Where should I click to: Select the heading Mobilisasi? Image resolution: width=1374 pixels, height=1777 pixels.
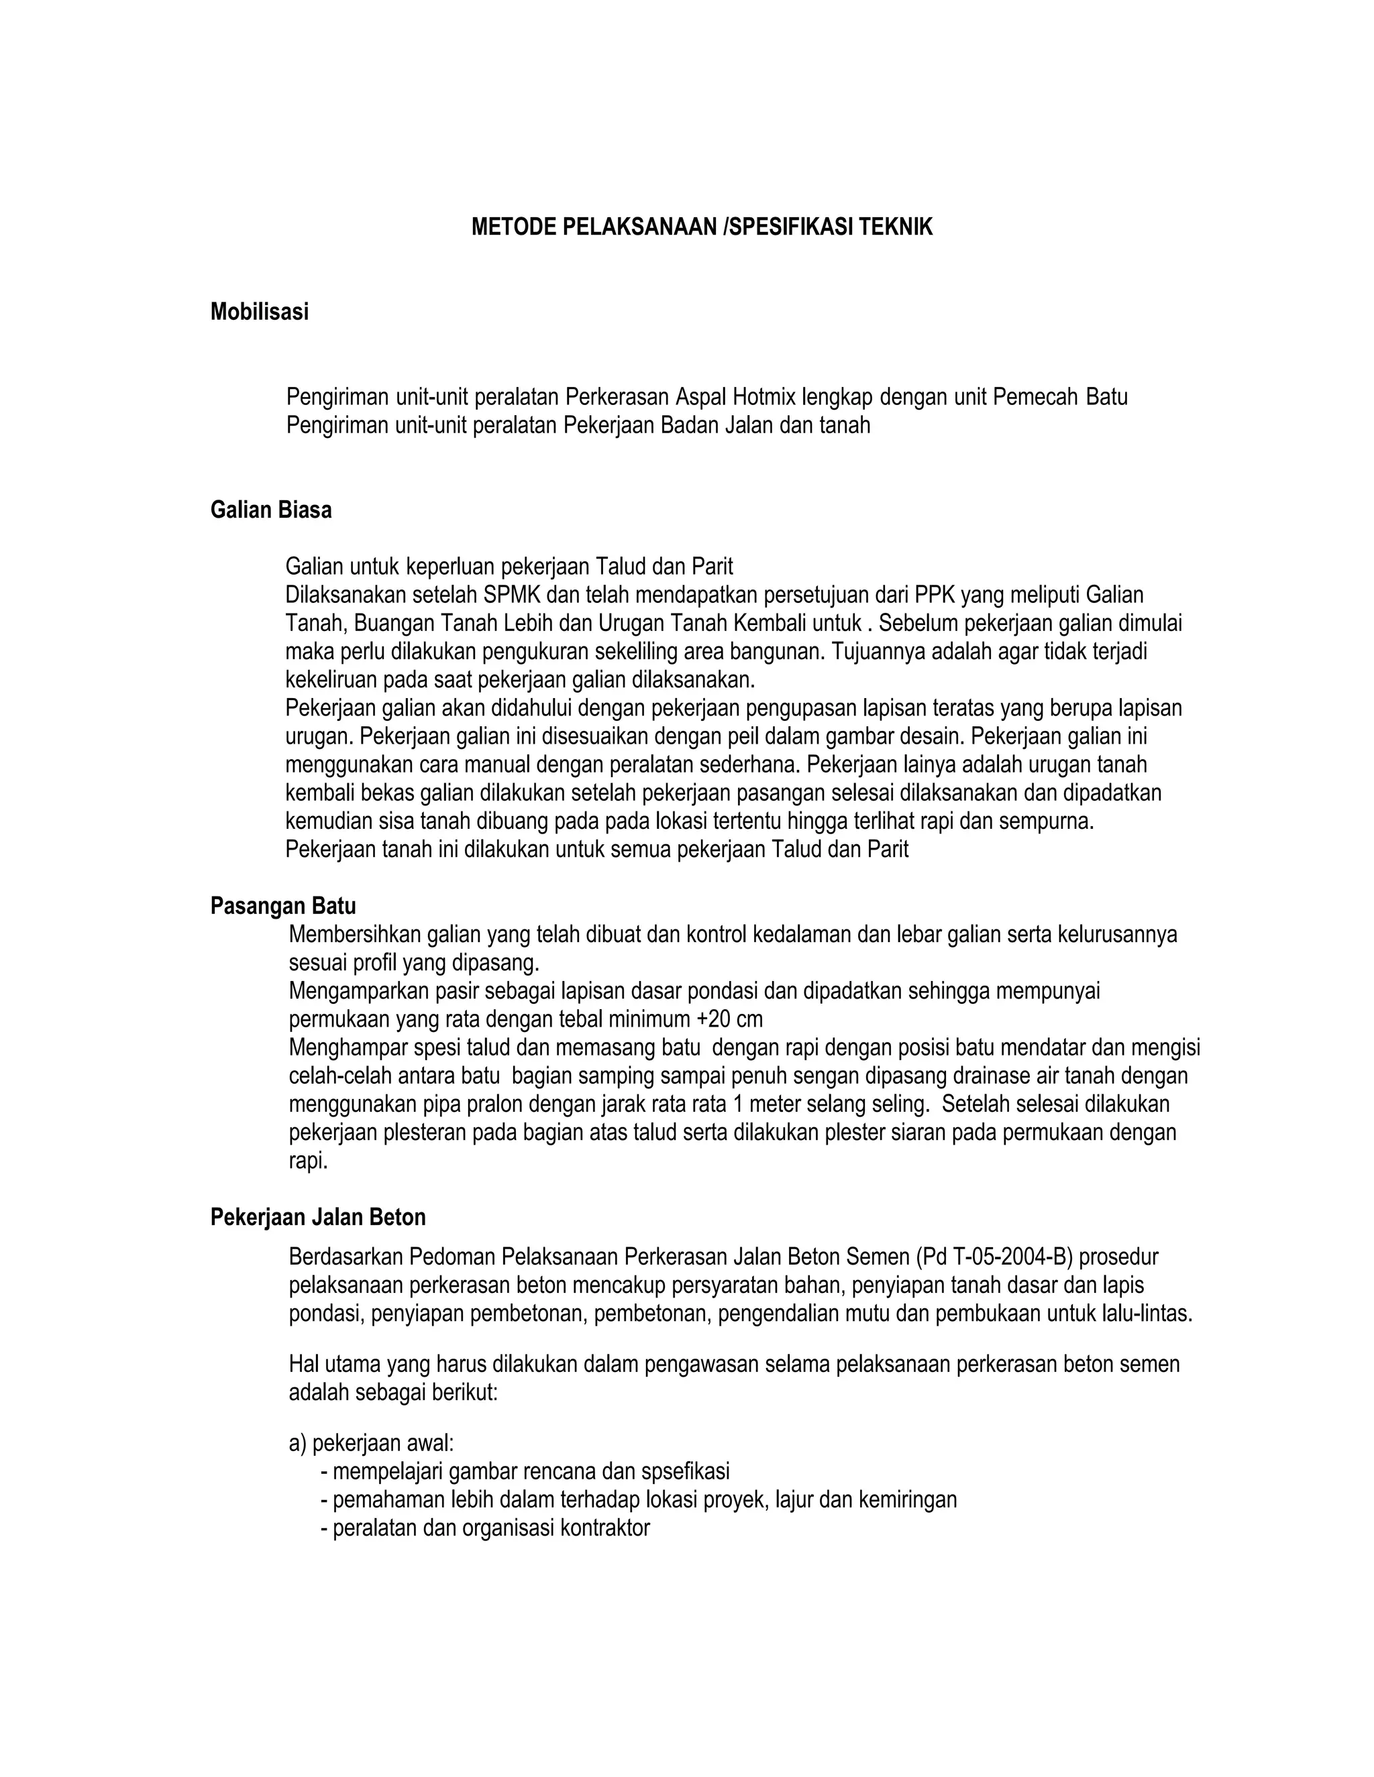coord(259,312)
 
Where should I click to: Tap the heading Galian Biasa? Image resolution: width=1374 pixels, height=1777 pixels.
coord(270,510)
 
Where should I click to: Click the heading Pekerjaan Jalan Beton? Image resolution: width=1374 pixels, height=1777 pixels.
coord(317,1217)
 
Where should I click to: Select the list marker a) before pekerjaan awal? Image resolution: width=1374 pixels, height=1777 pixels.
coord(297,1444)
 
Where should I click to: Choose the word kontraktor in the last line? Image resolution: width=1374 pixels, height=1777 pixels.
coord(604,1528)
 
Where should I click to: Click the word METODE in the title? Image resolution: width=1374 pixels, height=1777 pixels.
coord(514,227)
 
